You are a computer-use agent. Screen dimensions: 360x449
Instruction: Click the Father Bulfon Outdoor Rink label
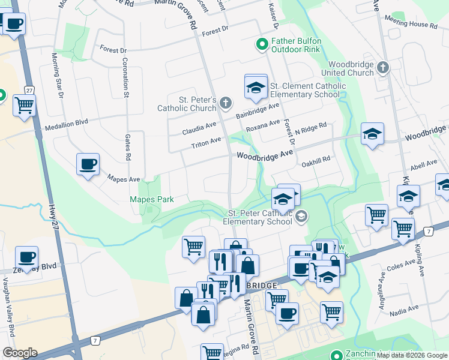point(297,45)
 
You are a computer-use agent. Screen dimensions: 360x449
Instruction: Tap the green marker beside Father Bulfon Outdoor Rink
point(262,44)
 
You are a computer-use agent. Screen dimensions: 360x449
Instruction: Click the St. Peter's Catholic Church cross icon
point(225,104)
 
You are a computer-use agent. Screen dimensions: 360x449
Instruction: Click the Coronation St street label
point(127,78)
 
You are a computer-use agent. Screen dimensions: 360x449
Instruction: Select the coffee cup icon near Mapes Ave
point(88,165)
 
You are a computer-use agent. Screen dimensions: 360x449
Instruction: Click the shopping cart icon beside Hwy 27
point(24,106)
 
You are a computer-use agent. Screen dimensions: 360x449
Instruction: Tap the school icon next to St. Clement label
point(256,88)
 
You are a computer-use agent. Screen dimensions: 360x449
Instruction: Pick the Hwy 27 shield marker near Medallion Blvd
point(28,90)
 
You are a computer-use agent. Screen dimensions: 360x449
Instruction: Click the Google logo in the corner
point(20,353)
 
